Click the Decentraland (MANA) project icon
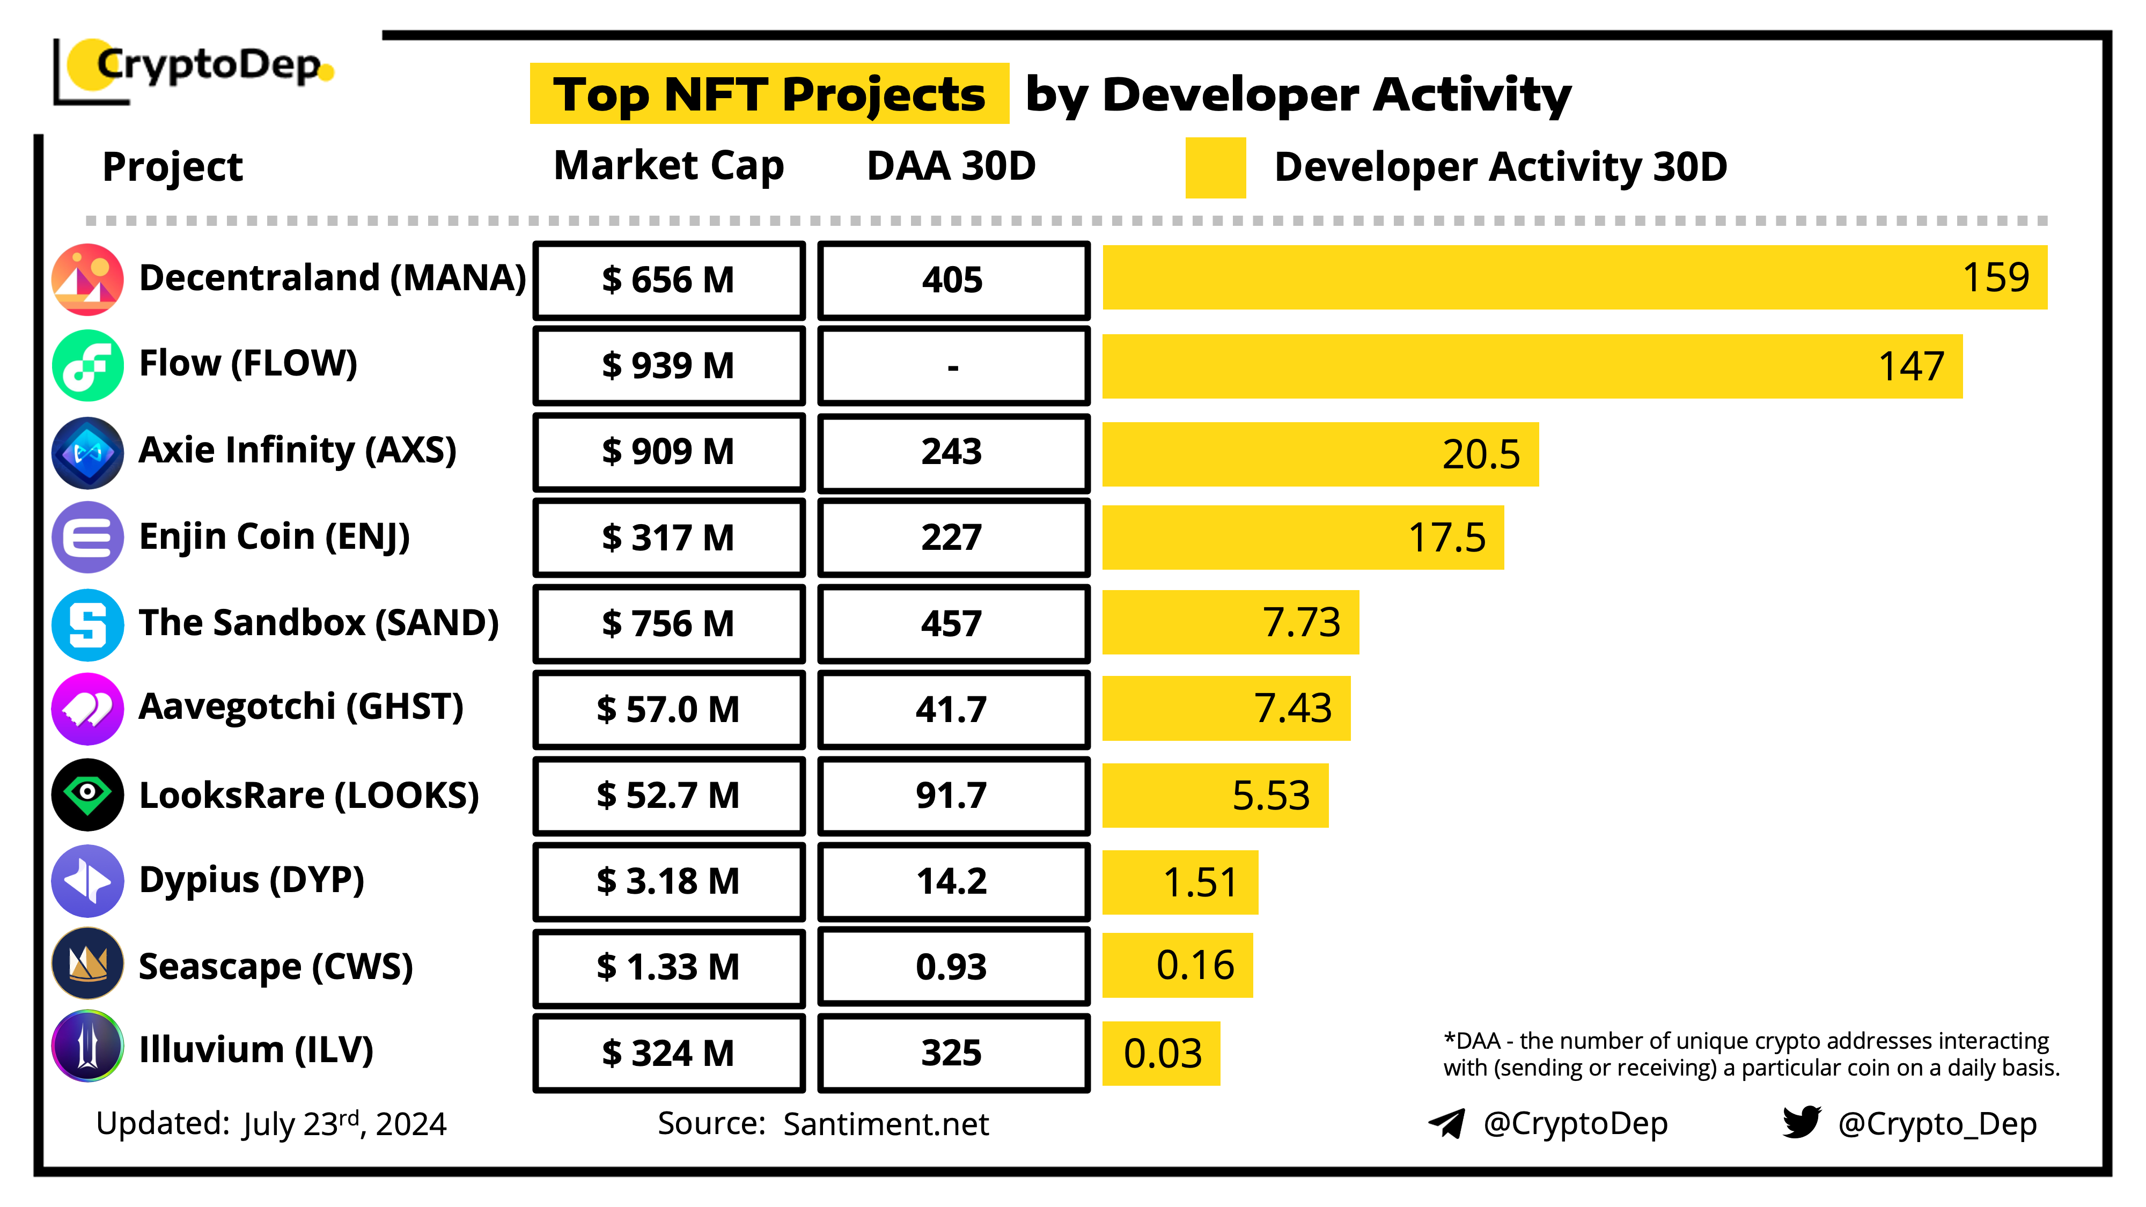click(x=87, y=279)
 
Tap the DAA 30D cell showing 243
click(x=952, y=452)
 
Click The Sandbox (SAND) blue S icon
click(x=87, y=624)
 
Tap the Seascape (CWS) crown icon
click(x=87, y=964)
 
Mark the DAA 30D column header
click(x=951, y=166)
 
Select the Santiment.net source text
click(x=886, y=1124)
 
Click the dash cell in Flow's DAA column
click(x=952, y=366)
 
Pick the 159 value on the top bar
click(x=1995, y=277)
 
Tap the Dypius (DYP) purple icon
click(x=87, y=880)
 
